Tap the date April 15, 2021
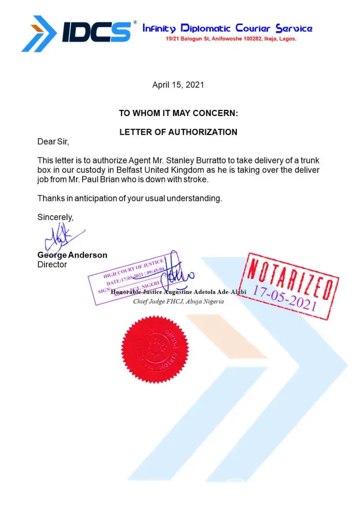(x=178, y=85)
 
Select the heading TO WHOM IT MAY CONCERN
(x=178, y=113)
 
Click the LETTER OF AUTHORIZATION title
(x=178, y=132)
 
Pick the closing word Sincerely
(x=56, y=217)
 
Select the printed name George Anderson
(x=72, y=255)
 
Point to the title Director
(x=52, y=265)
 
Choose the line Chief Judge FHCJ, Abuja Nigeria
(x=178, y=301)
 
